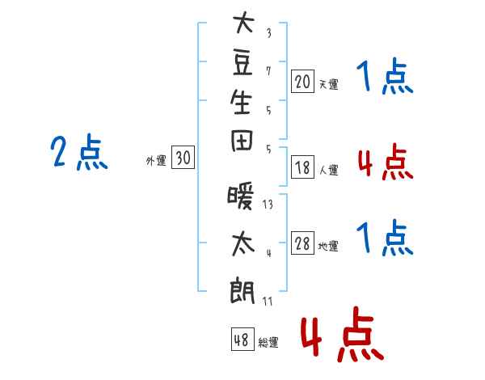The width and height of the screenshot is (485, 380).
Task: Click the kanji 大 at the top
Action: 244,23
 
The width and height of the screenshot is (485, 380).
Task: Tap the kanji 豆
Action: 242,62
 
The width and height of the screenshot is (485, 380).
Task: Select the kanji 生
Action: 241,102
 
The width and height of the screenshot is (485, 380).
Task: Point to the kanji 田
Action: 242,141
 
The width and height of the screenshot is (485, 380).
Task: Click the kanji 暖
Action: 241,196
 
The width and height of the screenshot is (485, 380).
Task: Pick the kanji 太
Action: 243,244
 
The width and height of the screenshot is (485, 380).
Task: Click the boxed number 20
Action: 302,82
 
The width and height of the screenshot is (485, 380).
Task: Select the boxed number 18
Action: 302,167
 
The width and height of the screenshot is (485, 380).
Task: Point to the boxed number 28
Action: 302,243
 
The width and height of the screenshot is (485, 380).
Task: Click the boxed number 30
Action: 183,157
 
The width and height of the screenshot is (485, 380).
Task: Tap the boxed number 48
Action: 242,339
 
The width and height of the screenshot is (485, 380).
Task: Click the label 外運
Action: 156,161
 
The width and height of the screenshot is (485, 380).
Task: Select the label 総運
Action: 268,343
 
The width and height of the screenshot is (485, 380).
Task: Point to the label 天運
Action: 328,84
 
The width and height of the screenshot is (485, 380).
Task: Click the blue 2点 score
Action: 79,152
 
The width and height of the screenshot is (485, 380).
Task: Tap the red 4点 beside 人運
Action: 386,162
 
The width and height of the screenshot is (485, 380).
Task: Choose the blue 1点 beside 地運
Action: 385,238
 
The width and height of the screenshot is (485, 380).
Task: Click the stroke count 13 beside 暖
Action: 268,205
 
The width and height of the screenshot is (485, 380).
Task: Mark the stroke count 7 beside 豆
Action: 268,71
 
